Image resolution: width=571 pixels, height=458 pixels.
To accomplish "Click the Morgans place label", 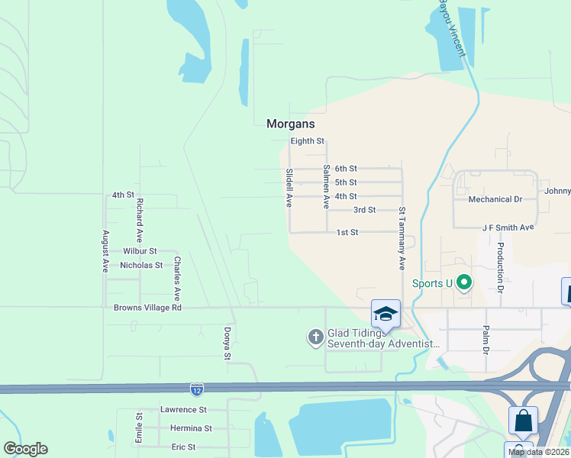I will [290, 124].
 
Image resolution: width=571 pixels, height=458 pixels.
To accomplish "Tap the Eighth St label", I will [308, 141].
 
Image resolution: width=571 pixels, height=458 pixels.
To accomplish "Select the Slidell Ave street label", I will [289, 188].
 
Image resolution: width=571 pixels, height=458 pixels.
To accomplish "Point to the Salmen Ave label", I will [326, 187].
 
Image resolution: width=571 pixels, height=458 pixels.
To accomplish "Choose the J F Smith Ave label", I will [508, 227].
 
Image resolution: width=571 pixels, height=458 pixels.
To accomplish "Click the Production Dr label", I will [501, 268].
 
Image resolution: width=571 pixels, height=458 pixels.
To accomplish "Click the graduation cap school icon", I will [386, 313].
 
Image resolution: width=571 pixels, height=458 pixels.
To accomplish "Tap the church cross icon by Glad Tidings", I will [316, 337].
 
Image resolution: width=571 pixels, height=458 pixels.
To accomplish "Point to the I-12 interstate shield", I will [197, 390].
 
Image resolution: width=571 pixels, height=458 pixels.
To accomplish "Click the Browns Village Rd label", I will [147, 308].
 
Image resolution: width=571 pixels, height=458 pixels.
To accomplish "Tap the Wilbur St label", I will [140, 250].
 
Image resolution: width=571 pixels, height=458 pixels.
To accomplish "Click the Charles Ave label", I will [177, 278].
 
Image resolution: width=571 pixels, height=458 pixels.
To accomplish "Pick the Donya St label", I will [227, 344].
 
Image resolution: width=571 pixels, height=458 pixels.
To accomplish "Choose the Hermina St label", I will [191, 428].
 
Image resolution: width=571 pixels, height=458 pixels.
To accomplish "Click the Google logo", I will [25, 449].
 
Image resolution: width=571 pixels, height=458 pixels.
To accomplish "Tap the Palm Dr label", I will [485, 340].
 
